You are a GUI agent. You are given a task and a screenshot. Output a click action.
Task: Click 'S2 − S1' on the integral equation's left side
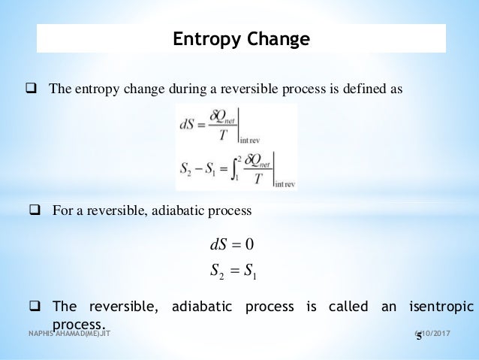click(x=197, y=169)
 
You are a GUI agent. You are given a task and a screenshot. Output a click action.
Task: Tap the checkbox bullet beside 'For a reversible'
click(x=35, y=210)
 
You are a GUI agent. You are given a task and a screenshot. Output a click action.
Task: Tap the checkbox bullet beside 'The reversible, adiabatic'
click(x=35, y=306)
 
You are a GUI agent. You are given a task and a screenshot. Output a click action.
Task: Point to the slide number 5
click(x=419, y=337)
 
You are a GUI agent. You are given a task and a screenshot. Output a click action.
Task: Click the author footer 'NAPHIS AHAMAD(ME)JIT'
click(x=69, y=332)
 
